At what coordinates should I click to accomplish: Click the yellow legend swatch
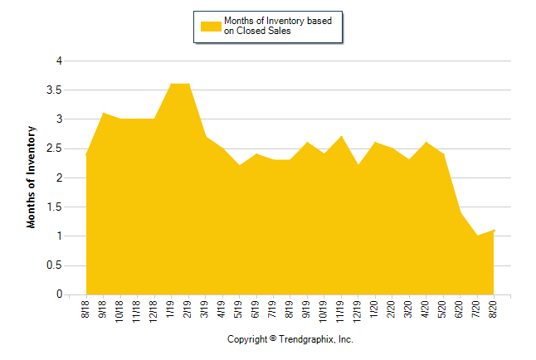pyautogui.click(x=211, y=26)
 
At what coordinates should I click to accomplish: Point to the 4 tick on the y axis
pyautogui.click(x=59, y=61)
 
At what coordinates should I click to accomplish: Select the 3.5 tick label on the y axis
pyautogui.click(x=55, y=90)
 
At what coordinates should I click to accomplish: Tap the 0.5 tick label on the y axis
pyautogui.click(x=55, y=265)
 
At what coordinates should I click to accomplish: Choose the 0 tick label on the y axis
pyautogui.click(x=59, y=294)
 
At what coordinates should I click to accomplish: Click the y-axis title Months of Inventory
pyautogui.click(x=32, y=177)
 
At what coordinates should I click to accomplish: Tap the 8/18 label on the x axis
pyautogui.click(x=86, y=309)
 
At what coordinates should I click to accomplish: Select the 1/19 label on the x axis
pyautogui.click(x=171, y=309)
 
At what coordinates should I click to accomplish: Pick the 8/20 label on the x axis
pyautogui.click(x=494, y=309)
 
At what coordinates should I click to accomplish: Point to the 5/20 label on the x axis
pyautogui.click(x=443, y=309)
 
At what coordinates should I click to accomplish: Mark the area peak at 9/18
pyautogui.click(x=103, y=113)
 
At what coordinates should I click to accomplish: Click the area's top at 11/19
pyautogui.click(x=341, y=136)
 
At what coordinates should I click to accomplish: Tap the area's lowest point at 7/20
pyautogui.click(x=477, y=236)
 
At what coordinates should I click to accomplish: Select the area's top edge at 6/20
pyautogui.click(x=460, y=212)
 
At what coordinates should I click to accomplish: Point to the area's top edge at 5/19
pyautogui.click(x=239, y=165)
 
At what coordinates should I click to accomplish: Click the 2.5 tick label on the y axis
pyautogui.click(x=55, y=148)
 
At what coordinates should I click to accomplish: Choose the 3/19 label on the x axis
pyautogui.click(x=205, y=309)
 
